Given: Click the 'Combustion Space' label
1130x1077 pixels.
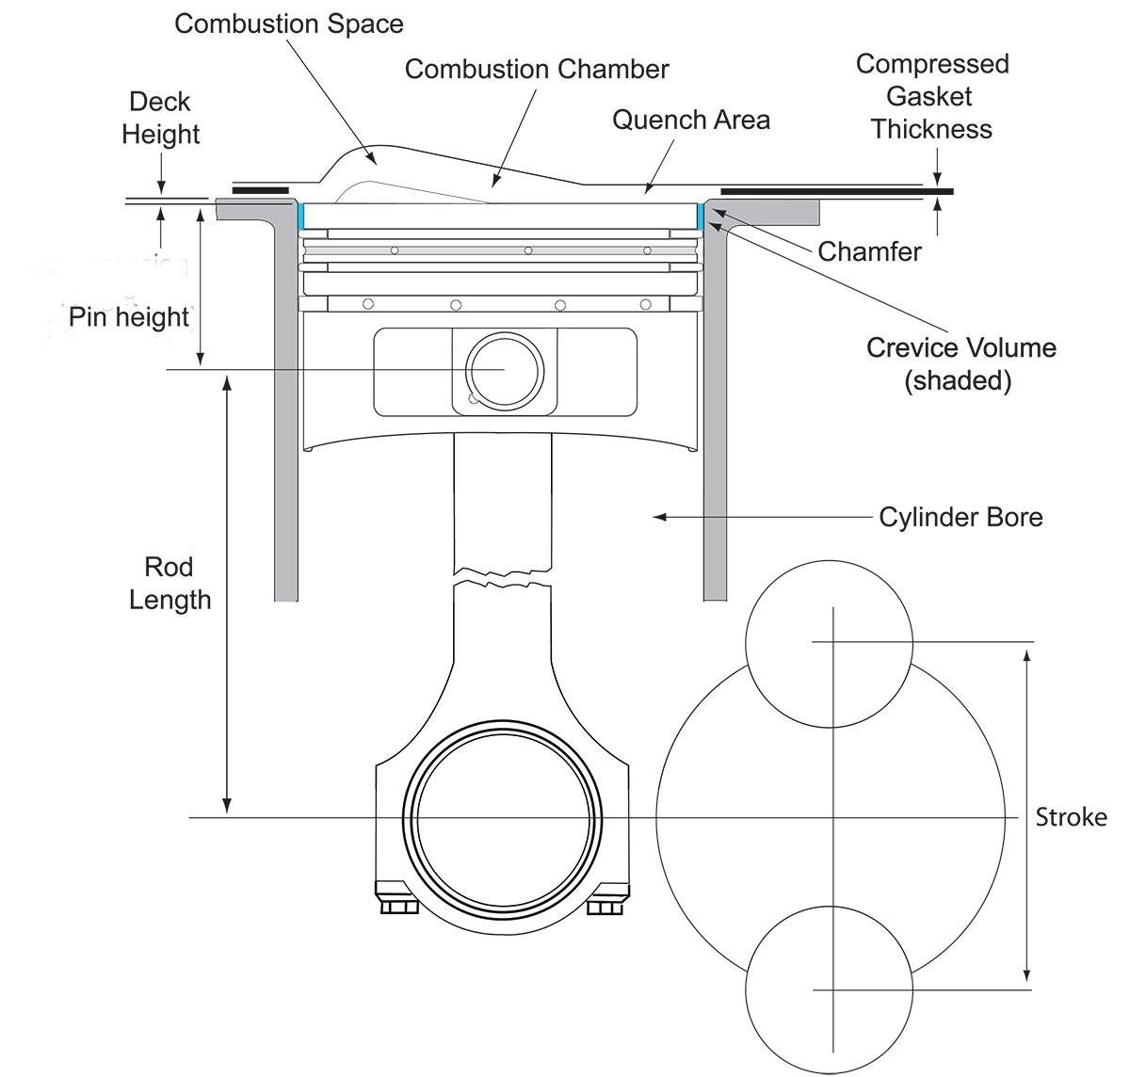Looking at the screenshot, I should click(289, 24).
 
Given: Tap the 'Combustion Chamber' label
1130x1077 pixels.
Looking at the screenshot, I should click(537, 69).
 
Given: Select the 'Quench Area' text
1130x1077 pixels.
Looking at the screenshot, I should click(691, 120).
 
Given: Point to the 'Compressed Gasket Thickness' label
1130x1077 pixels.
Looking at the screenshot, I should click(931, 96).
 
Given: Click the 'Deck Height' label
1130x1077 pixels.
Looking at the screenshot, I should click(160, 118).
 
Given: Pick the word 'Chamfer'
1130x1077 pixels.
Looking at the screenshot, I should click(869, 251).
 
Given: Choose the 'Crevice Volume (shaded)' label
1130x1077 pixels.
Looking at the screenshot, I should click(960, 363).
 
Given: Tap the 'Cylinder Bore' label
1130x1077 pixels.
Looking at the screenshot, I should click(960, 517).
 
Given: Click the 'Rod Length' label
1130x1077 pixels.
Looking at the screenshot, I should click(169, 583).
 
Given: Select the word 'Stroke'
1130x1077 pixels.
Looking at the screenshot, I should click(1071, 816).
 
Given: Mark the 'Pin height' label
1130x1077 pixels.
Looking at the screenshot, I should click(129, 316).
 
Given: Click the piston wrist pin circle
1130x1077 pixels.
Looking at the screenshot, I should click(505, 370).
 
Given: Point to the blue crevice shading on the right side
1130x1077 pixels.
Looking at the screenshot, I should click(701, 216).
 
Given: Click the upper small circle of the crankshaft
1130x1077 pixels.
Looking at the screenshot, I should click(830, 643).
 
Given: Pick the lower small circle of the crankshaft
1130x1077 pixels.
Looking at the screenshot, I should click(830, 989).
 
